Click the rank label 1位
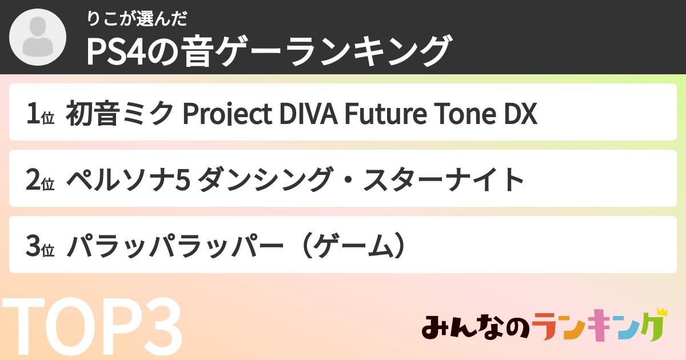pos(39,114)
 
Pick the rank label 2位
pos(39,180)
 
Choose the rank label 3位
pos(39,246)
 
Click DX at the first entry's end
pos(520,113)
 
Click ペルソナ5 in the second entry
pos(129,179)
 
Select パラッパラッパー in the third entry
pos(175,246)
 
